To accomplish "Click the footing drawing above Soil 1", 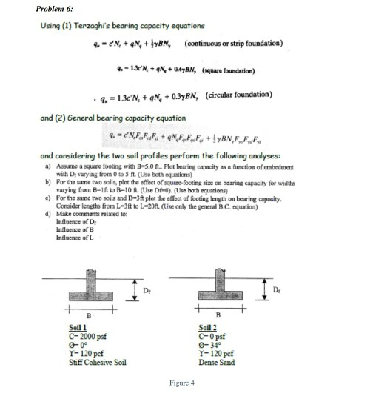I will [x=96, y=282].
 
